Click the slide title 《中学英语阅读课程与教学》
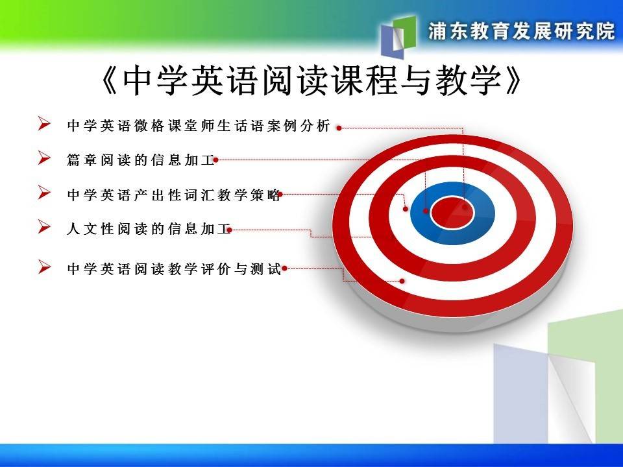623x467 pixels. point(311,80)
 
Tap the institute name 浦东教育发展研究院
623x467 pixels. point(522,31)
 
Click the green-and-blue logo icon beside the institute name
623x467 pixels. point(398,35)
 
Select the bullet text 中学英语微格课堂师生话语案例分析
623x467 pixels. point(199,125)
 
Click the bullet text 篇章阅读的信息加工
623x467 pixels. point(141,160)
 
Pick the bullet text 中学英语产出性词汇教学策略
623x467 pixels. point(174,195)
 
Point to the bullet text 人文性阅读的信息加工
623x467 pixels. point(149,229)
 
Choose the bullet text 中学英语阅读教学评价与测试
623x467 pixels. point(174,269)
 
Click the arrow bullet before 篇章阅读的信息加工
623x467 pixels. point(44,158)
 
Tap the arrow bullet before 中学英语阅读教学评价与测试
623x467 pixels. point(44,267)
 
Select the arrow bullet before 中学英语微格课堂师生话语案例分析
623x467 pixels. point(44,124)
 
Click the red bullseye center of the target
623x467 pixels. point(452,213)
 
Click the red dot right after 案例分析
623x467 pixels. point(339,128)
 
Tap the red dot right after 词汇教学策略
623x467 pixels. point(280,194)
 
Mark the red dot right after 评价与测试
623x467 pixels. point(284,269)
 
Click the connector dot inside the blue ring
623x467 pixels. point(426,211)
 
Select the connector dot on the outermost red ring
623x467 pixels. point(402,281)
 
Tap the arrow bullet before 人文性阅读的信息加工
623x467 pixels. point(44,227)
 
